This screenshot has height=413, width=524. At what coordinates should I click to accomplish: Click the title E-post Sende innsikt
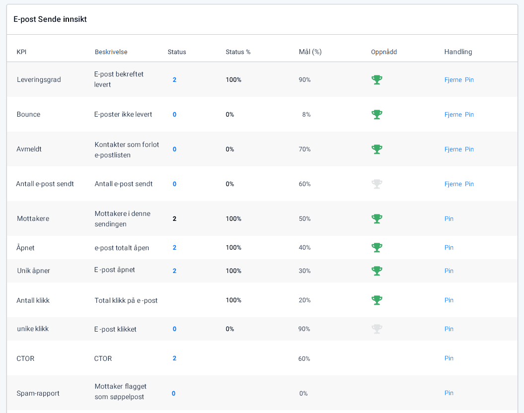(50, 19)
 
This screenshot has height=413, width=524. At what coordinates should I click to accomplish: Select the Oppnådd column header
(383, 52)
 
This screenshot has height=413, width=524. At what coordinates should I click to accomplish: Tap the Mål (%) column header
(310, 52)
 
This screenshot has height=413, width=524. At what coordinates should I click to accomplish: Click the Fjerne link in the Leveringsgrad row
(453, 80)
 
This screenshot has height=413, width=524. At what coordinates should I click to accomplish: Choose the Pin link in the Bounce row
(469, 115)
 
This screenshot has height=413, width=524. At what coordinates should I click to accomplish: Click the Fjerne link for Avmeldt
(453, 149)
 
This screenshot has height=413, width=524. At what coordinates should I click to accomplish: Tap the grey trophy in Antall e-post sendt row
(377, 184)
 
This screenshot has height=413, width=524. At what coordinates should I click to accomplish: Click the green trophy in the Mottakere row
(377, 219)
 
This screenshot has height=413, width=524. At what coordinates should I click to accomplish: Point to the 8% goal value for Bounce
(306, 115)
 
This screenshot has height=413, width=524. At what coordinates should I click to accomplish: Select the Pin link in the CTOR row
(449, 358)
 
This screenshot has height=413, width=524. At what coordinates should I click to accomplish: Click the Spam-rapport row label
(38, 394)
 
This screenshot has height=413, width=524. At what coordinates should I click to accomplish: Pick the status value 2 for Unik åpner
(174, 271)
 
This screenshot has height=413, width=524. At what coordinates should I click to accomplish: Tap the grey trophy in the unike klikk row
(377, 329)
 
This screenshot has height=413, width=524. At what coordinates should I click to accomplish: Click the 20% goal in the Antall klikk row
(304, 300)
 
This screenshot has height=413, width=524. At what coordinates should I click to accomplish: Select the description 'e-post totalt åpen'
(122, 248)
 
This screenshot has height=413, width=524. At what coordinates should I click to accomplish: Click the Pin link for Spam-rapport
(449, 393)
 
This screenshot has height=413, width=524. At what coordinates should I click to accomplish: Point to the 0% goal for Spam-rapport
(303, 394)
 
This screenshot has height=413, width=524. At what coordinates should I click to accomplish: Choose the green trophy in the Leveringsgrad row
(377, 80)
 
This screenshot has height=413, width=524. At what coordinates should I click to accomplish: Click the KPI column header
(21, 52)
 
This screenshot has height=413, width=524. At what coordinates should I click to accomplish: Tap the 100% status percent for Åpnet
(233, 248)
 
